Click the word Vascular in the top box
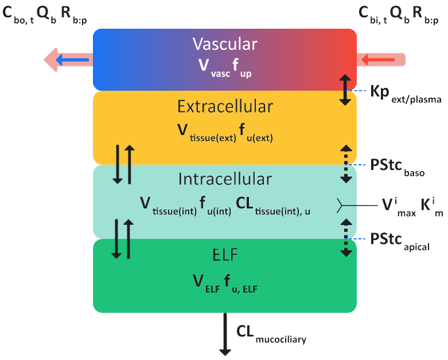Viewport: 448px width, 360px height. tap(225, 44)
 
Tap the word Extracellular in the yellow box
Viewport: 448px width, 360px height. tap(225, 107)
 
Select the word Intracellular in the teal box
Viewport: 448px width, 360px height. tap(225, 179)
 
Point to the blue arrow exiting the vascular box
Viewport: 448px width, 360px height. tap(75, 59)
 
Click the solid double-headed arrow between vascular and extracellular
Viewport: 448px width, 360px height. tap(345, 90)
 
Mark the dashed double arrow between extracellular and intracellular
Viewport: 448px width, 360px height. tap(345, 164)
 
